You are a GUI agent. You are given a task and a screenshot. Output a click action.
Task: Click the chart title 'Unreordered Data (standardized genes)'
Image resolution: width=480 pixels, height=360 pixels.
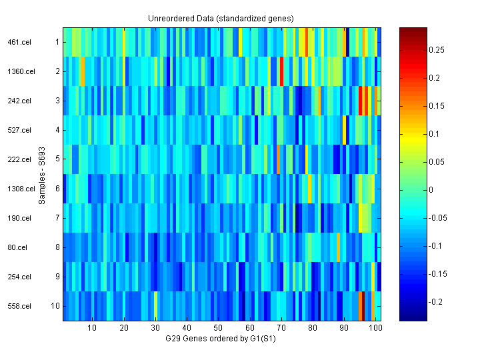[x=221, y=18]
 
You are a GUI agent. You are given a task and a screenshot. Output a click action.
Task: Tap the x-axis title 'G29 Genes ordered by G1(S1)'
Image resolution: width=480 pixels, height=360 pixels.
[x=221, y=339]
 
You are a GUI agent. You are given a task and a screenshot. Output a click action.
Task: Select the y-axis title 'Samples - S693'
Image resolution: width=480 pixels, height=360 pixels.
[x=42, y=174]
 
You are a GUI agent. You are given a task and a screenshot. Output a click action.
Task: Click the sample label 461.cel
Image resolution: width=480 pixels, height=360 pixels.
[x=19, y=42]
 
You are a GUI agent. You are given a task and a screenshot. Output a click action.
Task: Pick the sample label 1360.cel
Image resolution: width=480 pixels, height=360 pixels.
[x=19, y=71]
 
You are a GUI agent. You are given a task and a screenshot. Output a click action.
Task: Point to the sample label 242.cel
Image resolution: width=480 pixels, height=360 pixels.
[x=19, y=101]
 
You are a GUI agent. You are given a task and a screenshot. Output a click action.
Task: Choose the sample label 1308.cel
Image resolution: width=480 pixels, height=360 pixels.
[x=19, y=189]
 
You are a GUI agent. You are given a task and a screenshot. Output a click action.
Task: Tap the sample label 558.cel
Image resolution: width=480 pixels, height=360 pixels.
[x=19, y=306]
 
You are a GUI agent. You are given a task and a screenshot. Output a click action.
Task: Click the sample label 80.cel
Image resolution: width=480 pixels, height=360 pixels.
[x=19, y=247]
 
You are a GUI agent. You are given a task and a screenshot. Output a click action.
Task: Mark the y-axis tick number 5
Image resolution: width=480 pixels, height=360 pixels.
[x=58, y=159]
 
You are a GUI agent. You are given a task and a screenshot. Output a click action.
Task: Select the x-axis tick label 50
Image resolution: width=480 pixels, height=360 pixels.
[x=218, y=328]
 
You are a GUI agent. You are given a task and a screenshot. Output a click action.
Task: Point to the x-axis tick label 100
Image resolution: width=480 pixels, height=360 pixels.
[x=376, y=328]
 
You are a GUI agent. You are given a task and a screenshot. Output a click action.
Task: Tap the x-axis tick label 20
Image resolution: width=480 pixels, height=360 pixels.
[x=123, y=328]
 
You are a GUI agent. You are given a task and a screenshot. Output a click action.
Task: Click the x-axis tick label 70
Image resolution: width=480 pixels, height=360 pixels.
[x=281, y=328]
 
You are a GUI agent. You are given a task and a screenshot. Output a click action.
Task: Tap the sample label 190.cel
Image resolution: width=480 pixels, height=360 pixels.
[x=19, y=218]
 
